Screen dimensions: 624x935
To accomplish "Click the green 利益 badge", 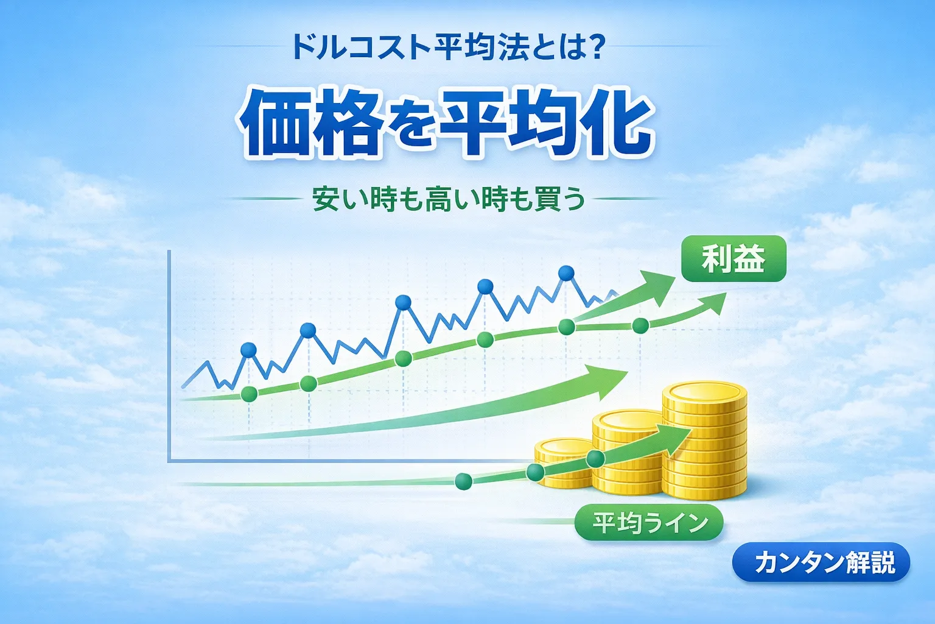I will click(x=734, y=259).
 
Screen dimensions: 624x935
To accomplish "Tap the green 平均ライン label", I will click(x=650, y=523).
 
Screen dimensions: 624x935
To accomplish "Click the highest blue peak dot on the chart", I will click(x=566, y=273).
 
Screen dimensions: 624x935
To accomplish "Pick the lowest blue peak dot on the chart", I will click(x=248, y=350).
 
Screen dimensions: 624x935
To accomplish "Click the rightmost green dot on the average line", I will click(x=640, y=325).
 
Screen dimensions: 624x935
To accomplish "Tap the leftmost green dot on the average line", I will click(x=248, y=394).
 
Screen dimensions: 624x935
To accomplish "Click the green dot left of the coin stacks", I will click(x=463, y=481).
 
